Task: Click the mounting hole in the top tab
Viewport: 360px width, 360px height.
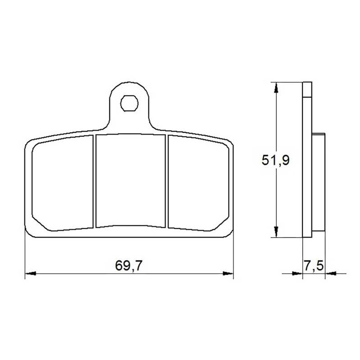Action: (129, 103)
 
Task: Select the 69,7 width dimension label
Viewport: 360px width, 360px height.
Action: (129, 265)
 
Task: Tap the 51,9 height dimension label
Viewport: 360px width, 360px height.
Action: (275, 160)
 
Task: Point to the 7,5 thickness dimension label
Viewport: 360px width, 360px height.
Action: (314, 265)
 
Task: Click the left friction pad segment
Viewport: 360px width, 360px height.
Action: (63, 184)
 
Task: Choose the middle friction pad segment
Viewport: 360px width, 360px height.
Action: (130, 181)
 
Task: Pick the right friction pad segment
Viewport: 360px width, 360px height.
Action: (198, 184)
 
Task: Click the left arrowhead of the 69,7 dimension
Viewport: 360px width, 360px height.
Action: (30, 274)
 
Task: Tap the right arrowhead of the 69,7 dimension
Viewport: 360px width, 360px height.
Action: (228, 274)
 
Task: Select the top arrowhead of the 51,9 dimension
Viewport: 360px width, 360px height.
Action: (276, 88)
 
